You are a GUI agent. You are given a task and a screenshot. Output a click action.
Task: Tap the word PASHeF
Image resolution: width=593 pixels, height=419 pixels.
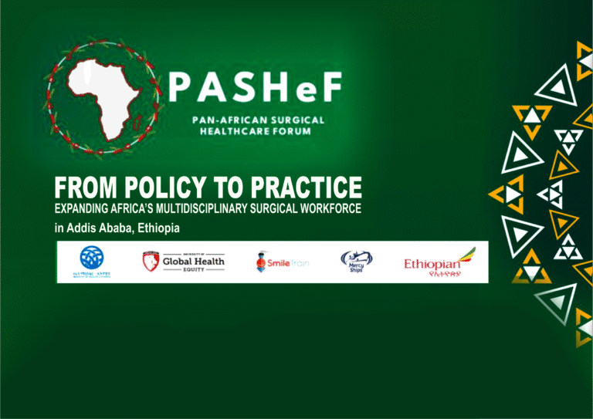click(x=254, y=89)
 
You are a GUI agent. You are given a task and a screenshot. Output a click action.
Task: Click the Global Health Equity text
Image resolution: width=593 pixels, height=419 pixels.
click(x=193, y=262)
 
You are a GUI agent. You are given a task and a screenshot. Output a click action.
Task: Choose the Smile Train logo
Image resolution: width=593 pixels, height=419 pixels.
click(x=282, y=262)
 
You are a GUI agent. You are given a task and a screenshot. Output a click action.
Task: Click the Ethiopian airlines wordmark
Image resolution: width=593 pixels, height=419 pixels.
click(x=432, y=265)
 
